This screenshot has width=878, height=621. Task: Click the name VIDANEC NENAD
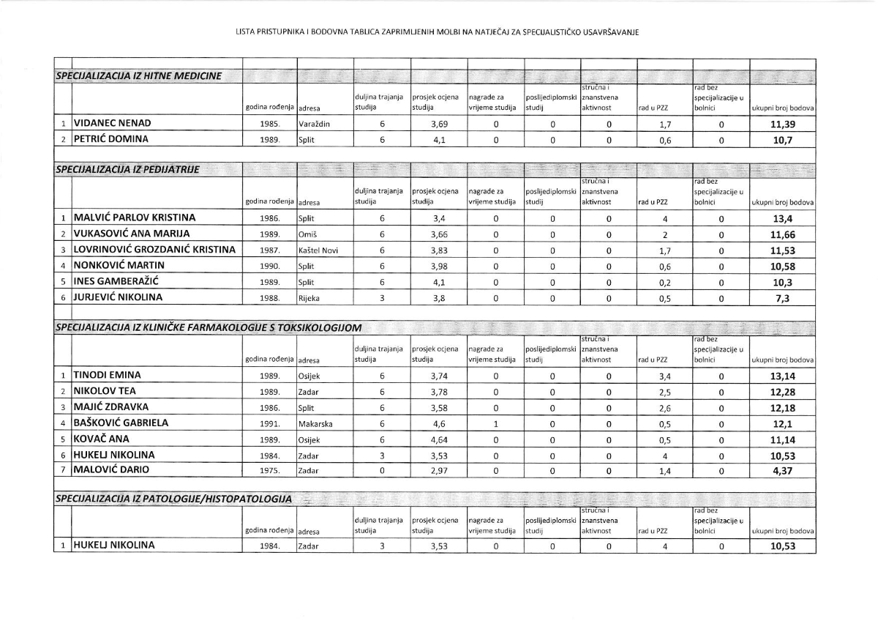tap(111, 124)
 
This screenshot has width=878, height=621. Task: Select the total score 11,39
tap(783, 124)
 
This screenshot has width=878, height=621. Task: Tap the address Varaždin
tap(314, 124)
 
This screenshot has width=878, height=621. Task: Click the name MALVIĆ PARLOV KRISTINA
tap(134, 217)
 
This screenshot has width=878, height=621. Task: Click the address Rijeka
tap(309, 298)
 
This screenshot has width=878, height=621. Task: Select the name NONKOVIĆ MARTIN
tap(118, 265)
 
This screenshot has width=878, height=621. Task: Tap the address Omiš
tap(307, 234)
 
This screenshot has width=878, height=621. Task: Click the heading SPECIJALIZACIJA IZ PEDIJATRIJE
tap(128, 170)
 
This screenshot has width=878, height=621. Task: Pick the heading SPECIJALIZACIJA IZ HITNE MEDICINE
tap(139, 76)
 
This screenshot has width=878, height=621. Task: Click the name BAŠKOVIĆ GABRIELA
tap(121, 423)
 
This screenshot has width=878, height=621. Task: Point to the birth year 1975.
tap(270, 471)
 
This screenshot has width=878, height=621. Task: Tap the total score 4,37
tap(783, 471)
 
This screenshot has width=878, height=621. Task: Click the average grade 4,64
tap(438, 439)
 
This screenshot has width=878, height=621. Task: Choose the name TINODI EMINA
tap(107, 376)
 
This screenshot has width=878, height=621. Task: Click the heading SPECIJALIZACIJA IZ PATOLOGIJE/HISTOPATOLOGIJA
tap(174, 499)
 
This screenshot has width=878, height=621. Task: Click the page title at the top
tap(438, 32)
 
